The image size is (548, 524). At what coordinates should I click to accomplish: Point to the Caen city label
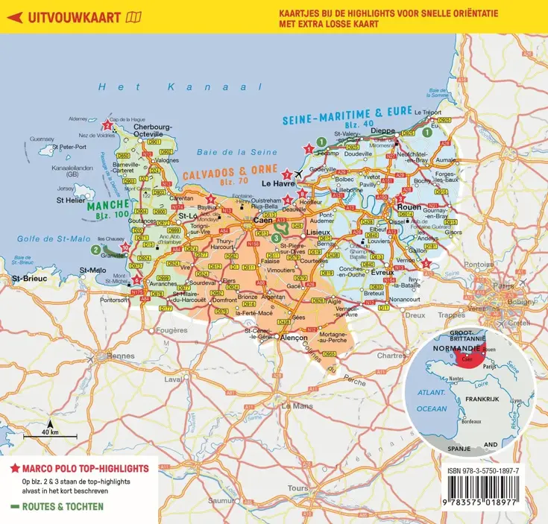click(262, 221)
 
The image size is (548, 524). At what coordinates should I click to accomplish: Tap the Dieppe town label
click(382, 131)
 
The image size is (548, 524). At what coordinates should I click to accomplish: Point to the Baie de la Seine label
click(226, 152)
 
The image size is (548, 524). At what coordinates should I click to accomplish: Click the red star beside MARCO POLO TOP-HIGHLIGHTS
click(14, 469)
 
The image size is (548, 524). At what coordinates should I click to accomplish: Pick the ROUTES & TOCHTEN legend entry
click(57, 506)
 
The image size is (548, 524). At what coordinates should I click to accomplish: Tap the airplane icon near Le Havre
click(299, 174)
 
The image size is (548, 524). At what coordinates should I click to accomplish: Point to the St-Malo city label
click(94, 270)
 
